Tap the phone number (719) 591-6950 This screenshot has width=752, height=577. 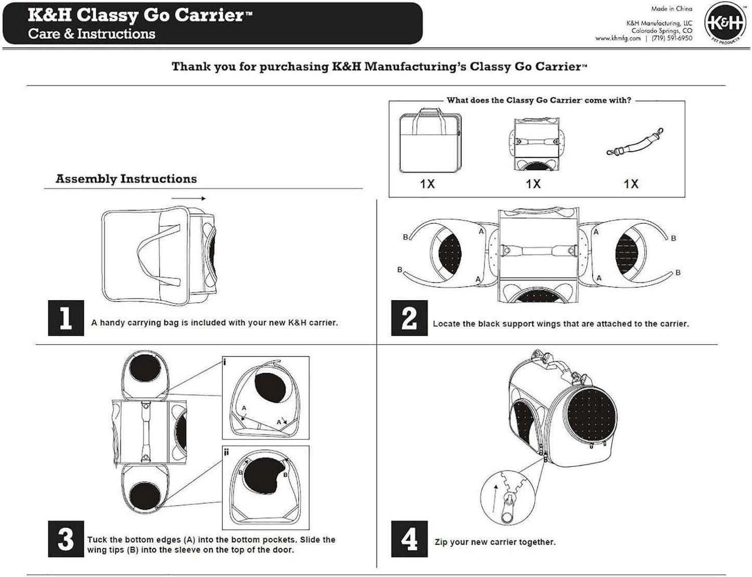click(672, 39)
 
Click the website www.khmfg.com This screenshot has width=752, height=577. click(618, 39)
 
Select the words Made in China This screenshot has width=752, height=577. click(671, 9)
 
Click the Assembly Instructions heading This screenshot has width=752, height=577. click(126, 179)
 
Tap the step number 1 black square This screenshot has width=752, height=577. click(66, 318)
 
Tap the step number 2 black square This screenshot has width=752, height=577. click(409, 318)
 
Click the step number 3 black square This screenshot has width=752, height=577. click(66, 539)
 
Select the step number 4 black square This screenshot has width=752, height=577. click(409, 539)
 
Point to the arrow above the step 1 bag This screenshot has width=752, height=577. click(188, 198)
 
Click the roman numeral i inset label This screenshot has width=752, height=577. click(225, 362)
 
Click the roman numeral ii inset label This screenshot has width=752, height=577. click(226, 452)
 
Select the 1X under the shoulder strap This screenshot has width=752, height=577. click(631, 184)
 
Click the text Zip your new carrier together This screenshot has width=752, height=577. click(495, 542)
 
